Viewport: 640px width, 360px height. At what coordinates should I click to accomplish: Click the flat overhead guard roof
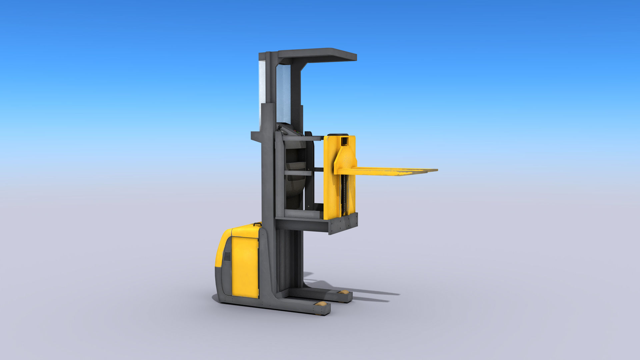[x=317, y=54]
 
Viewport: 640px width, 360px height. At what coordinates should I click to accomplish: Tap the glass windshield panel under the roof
[x=283, y=93]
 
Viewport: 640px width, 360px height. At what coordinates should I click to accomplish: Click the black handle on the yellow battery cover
[x=257, y=224]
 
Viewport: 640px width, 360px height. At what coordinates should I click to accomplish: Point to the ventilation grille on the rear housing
[x=227, y=257]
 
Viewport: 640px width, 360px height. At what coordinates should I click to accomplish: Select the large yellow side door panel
[x=245, y=267]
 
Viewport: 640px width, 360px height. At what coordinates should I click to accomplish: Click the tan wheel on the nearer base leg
[x=322, y=304]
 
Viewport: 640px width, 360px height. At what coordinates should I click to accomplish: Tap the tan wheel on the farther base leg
[x=343, y=292]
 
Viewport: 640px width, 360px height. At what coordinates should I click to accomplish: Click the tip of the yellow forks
[x=433, y=170]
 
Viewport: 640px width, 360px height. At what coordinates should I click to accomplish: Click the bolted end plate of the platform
[x=343, y=223]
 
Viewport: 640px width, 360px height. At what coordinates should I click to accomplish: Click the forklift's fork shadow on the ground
[x=373, y=295]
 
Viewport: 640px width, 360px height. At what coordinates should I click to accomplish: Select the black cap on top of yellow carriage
[x=338, y=135]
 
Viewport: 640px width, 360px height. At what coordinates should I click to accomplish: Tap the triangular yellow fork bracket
[x=345, y=160]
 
